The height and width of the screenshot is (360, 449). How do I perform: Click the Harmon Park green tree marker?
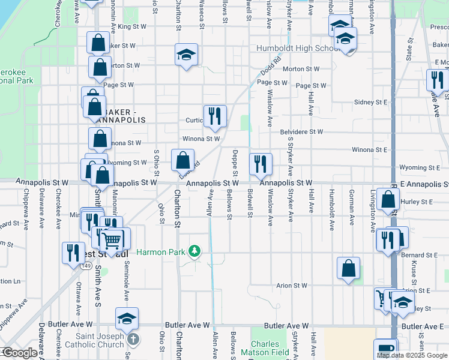click(194, 251)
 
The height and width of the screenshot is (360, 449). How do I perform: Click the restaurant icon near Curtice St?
click(214, 115)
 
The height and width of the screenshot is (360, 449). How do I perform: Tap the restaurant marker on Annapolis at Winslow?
click(261, 164)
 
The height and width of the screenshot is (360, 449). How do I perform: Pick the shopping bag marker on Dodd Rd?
click(183, 160)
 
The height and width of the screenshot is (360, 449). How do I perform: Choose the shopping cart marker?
click(112, 241)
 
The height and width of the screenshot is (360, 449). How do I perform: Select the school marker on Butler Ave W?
click(127, 319)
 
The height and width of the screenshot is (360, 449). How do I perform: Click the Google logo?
click(19, 353)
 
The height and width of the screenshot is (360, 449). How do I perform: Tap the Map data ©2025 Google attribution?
click(412, 355)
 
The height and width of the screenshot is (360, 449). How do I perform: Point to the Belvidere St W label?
click(302, 131)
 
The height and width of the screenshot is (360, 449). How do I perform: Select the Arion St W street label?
click(292, 286)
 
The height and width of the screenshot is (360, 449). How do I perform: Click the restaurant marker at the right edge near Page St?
click(436, 81)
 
